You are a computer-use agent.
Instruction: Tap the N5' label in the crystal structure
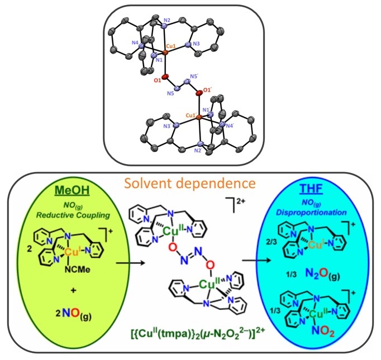195,76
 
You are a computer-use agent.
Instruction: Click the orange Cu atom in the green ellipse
71,252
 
